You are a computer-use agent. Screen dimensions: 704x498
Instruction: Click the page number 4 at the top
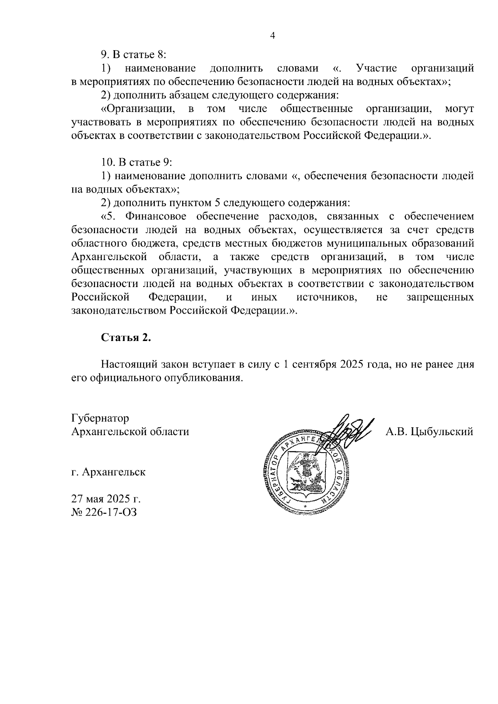click(x=272, y=36)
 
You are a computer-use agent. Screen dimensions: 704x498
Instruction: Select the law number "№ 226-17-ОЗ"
click(x=104, y=512)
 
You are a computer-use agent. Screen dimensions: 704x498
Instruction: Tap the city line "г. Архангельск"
click(x=108, y=472)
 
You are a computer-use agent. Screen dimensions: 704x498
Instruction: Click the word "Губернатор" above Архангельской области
click(x=100, y=418)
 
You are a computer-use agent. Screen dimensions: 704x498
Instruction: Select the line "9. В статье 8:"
click(x=134, y=55)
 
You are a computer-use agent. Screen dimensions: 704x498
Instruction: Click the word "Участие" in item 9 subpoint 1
click(x=377, y=68)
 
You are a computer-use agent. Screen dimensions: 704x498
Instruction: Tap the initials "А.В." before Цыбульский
click(x=396, y=432)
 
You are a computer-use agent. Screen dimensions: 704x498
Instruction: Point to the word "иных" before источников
click(x=264, y=297)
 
